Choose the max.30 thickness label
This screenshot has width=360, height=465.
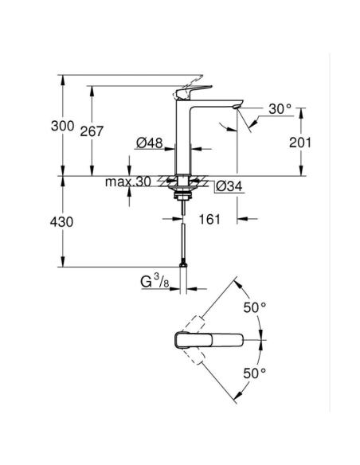(x=127, y=182)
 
